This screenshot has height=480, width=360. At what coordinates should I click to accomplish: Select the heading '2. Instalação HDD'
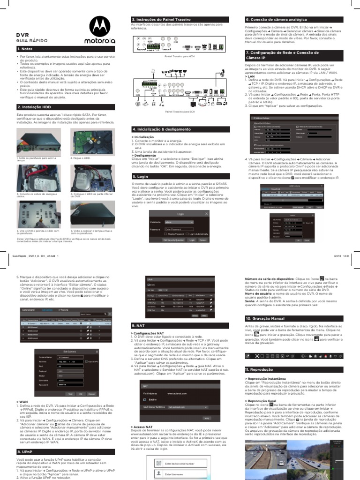pos(34,106)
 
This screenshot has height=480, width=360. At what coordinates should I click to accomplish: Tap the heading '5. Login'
pos(140,177)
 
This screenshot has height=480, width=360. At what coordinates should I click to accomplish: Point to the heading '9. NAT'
pos(139,325)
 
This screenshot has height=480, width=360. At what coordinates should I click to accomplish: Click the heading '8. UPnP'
pos(25,451)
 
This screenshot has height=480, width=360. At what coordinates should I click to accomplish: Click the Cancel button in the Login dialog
pos(202,240)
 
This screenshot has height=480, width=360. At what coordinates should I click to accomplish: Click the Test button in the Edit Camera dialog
pos(70,394)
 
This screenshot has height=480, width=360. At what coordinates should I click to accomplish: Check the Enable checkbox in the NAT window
pos(145,400)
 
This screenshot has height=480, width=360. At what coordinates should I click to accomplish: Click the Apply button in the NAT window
pos(206,417)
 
